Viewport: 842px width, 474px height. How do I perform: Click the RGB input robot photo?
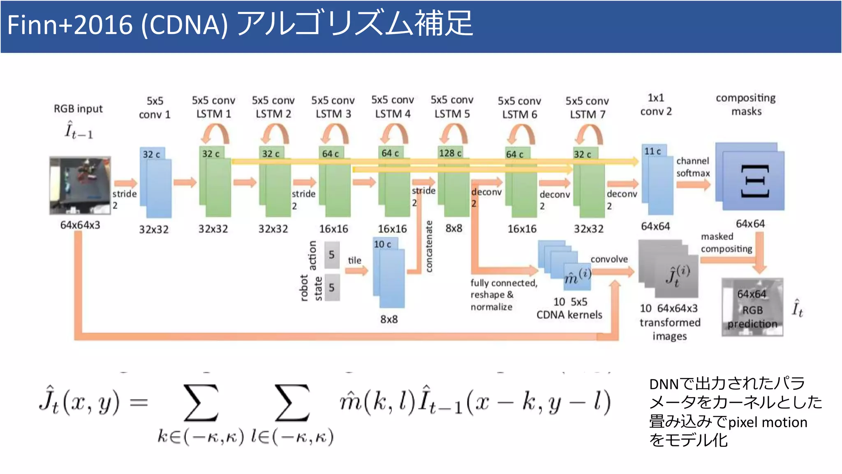80,186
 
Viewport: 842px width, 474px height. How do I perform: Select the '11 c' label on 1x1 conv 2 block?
652,151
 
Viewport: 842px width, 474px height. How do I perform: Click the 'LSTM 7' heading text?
588,114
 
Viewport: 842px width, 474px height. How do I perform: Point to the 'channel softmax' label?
693,167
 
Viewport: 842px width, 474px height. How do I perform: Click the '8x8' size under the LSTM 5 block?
454,228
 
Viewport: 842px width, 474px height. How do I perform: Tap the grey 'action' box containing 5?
332,255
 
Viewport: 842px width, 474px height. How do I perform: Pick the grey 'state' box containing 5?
332,287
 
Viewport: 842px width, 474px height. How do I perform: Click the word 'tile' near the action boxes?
354,260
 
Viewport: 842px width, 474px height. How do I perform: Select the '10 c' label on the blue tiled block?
382,244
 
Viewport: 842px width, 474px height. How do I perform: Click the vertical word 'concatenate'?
429,246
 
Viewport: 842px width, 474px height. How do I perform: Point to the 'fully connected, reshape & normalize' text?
503,295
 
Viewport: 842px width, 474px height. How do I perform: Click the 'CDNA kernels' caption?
569,315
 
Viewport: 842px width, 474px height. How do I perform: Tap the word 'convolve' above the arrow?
609,259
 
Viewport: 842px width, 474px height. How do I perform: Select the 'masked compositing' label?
726,243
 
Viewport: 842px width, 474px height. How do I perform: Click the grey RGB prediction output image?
752,307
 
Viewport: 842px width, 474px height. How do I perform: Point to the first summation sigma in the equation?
201,403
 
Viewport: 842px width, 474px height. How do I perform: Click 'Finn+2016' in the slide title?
70,25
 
